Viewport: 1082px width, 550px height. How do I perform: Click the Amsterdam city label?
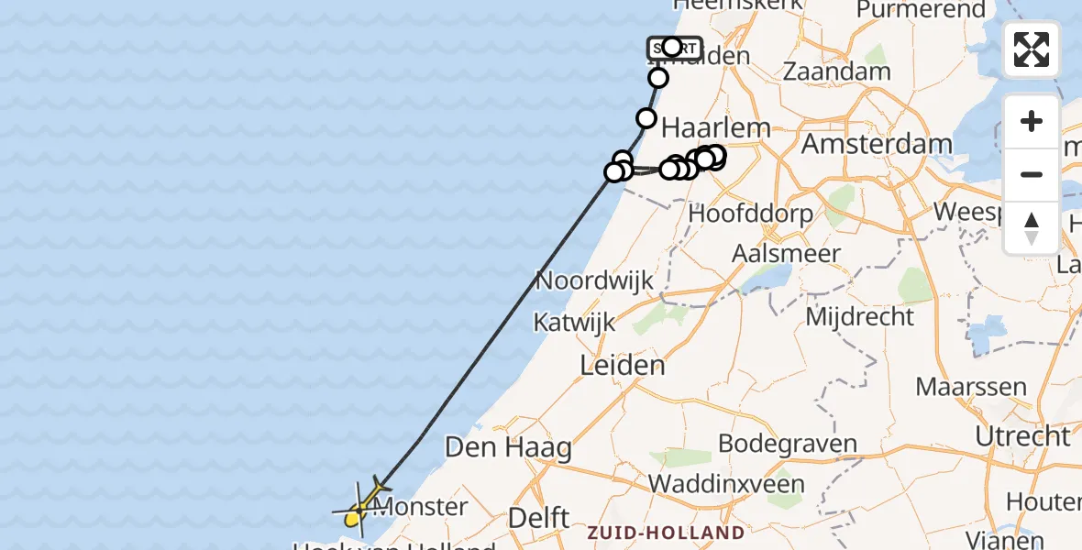[x=877, y=144]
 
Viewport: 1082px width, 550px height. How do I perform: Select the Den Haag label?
[x=508, y=448]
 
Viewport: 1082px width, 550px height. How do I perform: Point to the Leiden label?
[x=623, y=366]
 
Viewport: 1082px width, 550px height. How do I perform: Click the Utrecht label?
[x=1022, y=436]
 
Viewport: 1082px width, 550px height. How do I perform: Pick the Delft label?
[x=540, y=518]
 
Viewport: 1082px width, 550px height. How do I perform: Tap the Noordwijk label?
[x=594, y=280]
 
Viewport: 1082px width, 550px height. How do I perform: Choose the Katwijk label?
[x=576, y=323]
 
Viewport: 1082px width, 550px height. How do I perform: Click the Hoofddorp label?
[x=750, y=214]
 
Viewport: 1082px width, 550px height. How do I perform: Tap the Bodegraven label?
[x=787, y=444]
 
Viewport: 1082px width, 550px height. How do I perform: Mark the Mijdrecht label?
[x=859, y=317]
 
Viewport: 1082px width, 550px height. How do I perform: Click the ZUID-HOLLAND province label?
[x=665, y=533]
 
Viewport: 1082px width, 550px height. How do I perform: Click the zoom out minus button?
[x=1032, y=174]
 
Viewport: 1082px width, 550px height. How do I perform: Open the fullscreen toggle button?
[x=1032, y=49]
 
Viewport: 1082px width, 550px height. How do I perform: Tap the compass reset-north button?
[x=1032, y=227]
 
